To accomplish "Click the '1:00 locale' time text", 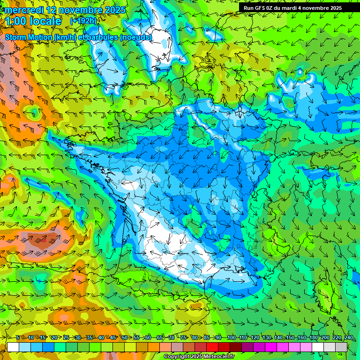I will [x=33, y=21].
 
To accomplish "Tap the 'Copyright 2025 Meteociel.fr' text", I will [x=199, y=357].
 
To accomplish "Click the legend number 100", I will [x=231, y=338].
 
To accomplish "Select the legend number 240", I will [x=348, y=338].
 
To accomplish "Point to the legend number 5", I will [x=17, y=338].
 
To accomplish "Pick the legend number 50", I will [x=124, y=338].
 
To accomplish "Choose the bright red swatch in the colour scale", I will [x=212, y=347].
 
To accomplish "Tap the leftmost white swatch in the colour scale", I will [x=13, y=347].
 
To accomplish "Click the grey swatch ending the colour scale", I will [x=341, y=347].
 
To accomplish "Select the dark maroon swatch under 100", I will [x=236, y=347].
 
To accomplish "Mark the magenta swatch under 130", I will [x=271, y=347].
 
